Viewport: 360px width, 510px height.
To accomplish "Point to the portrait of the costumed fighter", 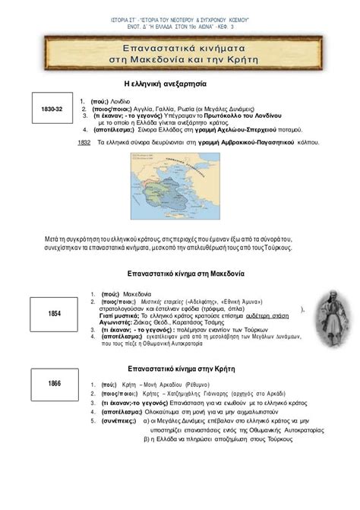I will point(329,312).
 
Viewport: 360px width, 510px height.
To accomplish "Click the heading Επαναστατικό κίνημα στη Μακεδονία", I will point(179,273).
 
